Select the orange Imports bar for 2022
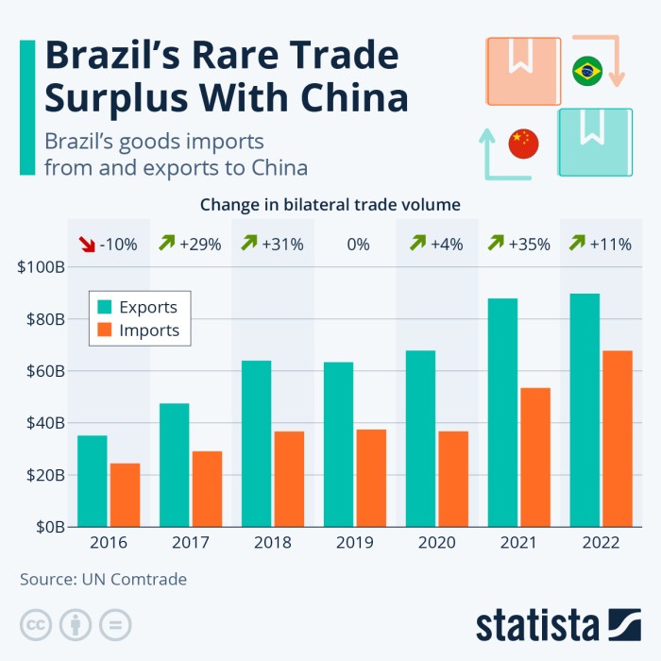[618, 438]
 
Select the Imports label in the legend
[149, 330]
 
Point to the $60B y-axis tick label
[41, 371]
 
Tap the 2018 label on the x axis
[273, 543]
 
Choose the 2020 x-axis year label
[437, 543]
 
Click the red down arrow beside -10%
[86, 244]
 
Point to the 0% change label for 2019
[358, 244]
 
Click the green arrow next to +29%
[168, 244]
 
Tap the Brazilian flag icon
[587, 71]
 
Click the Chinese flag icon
[522, 144]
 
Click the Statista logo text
[536, 624]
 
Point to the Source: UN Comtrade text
[104, 579]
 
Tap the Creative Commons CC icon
[35, 624]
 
